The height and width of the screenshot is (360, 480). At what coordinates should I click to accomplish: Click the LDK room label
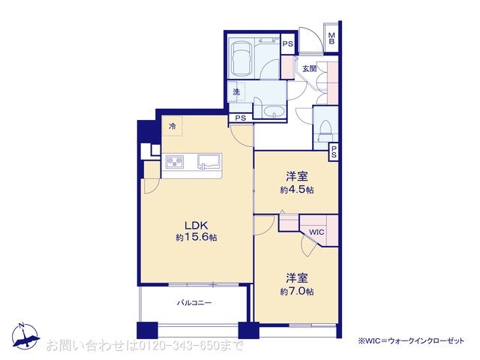(x=196, y=225)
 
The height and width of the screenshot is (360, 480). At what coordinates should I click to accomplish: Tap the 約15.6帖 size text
(x=196, y=237)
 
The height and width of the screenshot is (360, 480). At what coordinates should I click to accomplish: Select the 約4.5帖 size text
(x=297, y=190)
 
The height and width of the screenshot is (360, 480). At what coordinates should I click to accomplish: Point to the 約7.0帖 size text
(x=297, y=291)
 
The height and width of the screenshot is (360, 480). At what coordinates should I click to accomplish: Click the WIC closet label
(x=316, y=232)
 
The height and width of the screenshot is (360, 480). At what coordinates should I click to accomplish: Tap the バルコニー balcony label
(x=194, y=303)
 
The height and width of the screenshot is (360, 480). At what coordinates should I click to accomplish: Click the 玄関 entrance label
(x=310, y=68)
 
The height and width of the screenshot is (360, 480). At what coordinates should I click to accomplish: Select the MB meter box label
(x=331, y=38)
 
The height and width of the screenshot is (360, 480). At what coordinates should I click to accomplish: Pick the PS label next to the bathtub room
(x=288, y=43)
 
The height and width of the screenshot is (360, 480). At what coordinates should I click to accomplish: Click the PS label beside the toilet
(x=334, y=151)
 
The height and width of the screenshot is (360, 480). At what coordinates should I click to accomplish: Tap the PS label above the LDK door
(x=241, y=118)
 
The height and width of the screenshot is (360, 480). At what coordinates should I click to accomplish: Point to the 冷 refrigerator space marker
(x=172, y=125)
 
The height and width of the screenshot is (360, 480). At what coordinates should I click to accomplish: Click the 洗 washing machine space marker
(x=236, y=91)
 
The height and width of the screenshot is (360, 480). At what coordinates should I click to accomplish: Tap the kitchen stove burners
(x=175, y=162)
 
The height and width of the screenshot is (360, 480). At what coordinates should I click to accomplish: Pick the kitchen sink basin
(x=209, y=161)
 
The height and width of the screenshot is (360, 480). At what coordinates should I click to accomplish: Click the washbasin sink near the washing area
(x=274, y=112)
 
